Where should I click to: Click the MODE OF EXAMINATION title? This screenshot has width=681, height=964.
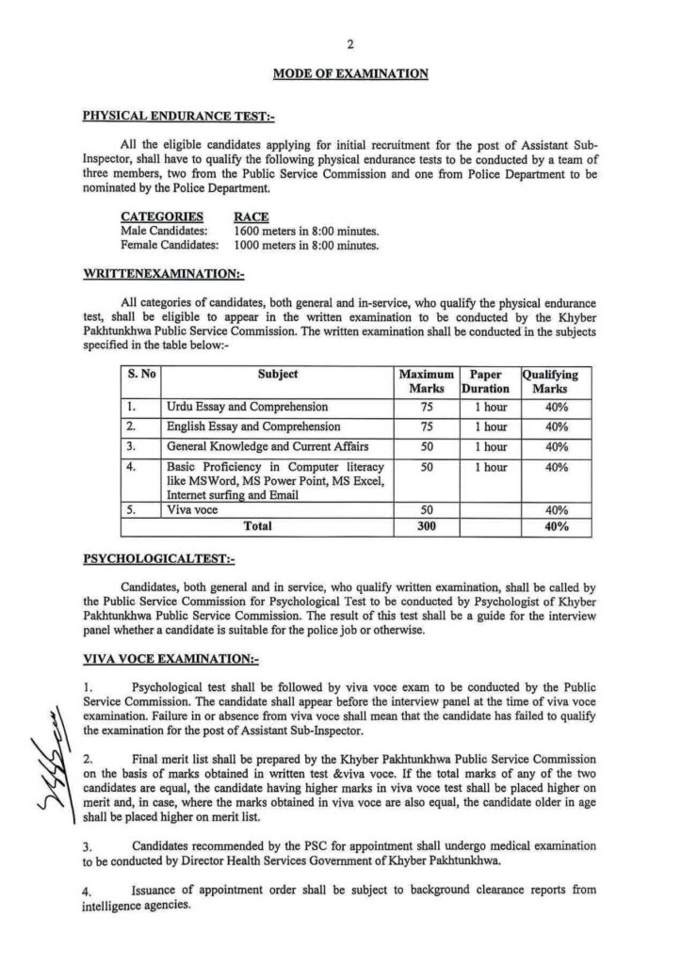[x=349, y=72]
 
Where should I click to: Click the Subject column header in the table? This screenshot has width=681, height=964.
[x=278, y=374]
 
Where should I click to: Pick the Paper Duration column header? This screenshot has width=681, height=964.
[x=485, y=380]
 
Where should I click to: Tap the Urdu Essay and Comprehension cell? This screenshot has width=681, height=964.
[x=247, y=407]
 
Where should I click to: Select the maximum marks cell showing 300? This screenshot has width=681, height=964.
[x=427, y=527]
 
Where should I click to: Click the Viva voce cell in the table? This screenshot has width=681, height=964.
[x=191, y=508]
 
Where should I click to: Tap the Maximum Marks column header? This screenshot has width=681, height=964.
[x=427, y=380]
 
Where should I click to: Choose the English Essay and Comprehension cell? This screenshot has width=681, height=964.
[x=253, y=426]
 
